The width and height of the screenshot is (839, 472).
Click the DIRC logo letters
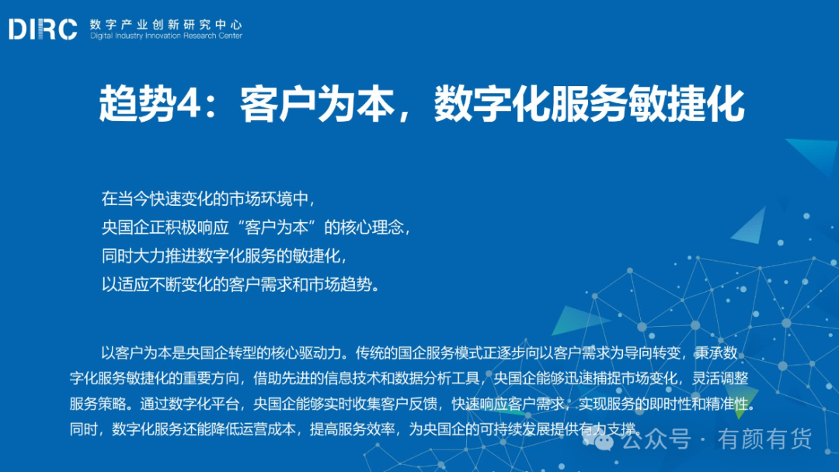point(43,29)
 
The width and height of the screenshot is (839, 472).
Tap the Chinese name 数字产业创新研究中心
point(166,25)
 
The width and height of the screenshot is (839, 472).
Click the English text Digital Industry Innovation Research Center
point(166,36)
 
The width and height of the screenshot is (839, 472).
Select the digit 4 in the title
point(188,104)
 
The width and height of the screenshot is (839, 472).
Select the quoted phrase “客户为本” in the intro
point(276,227)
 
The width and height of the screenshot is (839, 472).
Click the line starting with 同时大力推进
point(225,255)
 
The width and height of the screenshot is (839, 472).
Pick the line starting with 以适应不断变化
point(240,284)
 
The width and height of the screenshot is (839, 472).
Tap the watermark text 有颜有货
point(764,439)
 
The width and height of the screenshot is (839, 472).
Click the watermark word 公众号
point(656,439)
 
